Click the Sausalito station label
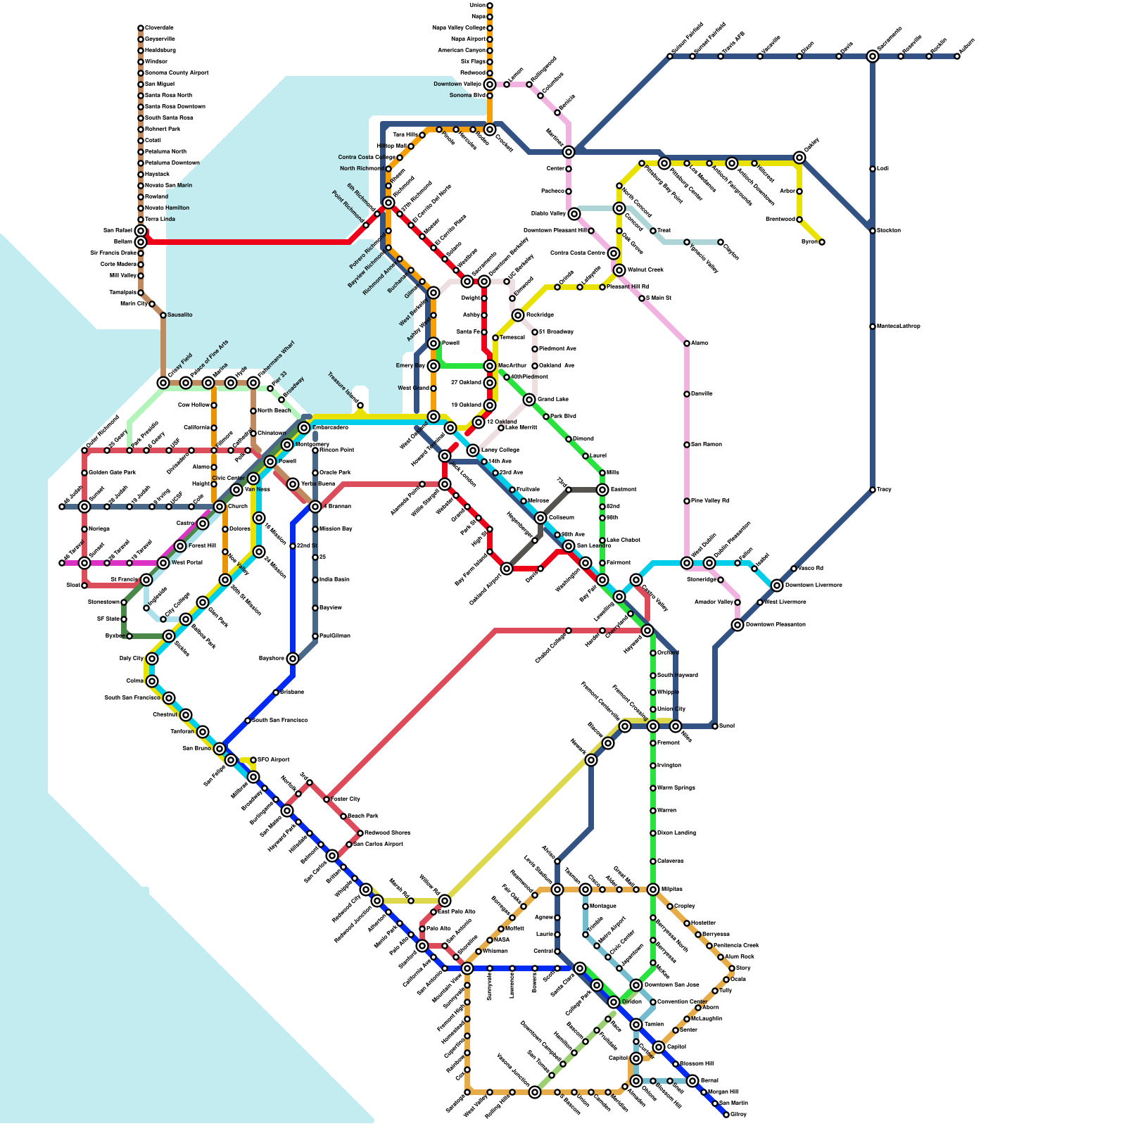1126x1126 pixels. [x=179, y=315]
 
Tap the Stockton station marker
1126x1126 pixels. [x=873, y=231]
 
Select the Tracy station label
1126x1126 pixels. [x=884, y=490]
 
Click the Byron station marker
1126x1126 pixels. [x=822, y=242]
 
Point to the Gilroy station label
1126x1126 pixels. [x=739, y=1115]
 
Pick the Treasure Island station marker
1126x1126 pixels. [x=360, y=405]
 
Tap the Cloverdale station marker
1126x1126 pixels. [x=141, y=28]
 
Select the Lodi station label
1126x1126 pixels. [x=883, y=169]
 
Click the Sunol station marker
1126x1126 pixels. [x=715, y=726]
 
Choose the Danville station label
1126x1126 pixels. [x=702, y=394]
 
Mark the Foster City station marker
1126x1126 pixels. [x=327, y=799]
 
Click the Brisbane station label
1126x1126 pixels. [x=292, y=692]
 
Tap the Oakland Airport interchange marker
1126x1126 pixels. [x=507, y=569]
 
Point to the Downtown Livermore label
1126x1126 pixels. [x=813, y=586]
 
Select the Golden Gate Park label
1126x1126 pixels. [x=112, y=473]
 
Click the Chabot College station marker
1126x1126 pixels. [x=569, y=631]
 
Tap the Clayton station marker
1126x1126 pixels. [x=721, y=242]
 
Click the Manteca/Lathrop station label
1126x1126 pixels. [x=899, y=327]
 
